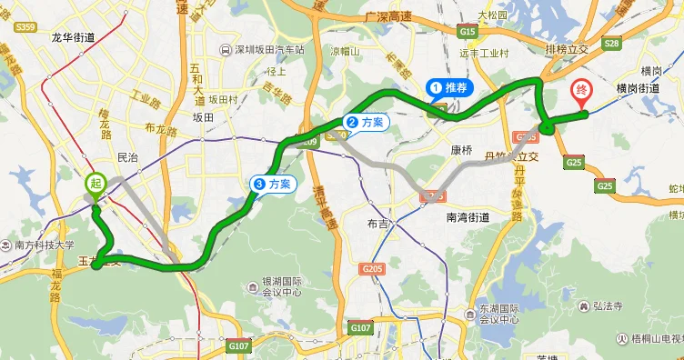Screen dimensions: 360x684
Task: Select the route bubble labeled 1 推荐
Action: (449, 88)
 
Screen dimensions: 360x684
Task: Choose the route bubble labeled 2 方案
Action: (366, 122)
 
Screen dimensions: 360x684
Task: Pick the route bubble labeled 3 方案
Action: (274, 184)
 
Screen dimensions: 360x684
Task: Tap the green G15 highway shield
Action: (468, 32)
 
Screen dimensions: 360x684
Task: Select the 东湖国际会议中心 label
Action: (498, 313)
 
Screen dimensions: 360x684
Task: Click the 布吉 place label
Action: (378, 224)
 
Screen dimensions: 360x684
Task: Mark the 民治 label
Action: (127, 157)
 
